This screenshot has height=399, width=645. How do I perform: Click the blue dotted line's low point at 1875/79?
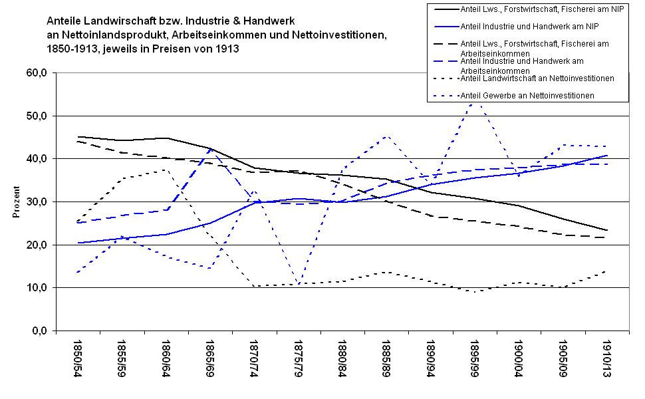(299, 285)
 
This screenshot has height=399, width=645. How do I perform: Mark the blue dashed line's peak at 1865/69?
(211, 150)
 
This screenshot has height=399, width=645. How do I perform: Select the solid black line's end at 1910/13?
(606, 230)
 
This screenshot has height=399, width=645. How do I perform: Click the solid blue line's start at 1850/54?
(78, 243)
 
